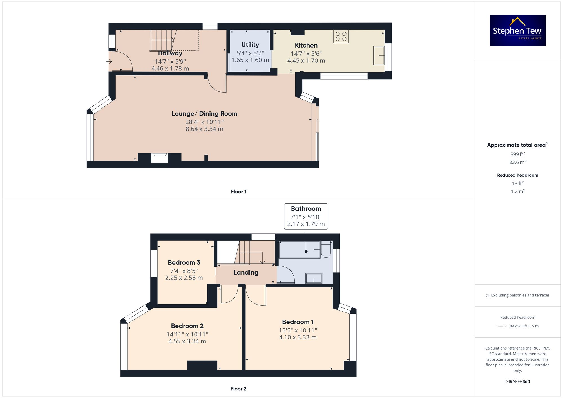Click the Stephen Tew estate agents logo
(517, 30)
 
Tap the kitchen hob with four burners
(341, 36)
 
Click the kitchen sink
(379, 56)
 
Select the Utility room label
(250, 45)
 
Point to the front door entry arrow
(109, 61)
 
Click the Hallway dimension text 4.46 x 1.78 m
(170, 68)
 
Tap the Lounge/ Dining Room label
(204, 114)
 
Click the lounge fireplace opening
(159, 158)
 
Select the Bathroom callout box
(306, 216)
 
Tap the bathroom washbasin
(314, 278)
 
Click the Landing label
(246, 272)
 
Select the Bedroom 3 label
(184, 262)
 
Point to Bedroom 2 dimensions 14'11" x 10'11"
(187, 334)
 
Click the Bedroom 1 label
(298, 322)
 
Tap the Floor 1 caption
(238, 192)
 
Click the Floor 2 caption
(238, 389)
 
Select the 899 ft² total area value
(517, 154)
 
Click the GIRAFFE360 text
(517, 381)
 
